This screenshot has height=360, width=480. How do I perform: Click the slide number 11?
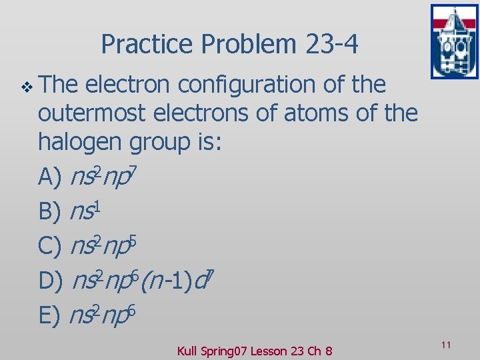(x=446, y=345)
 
